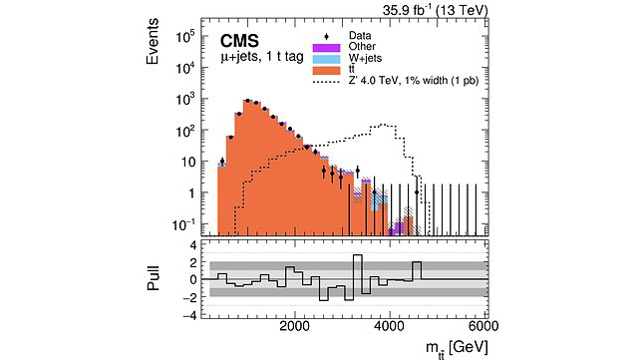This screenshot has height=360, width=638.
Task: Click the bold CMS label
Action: click(x=239, y=43)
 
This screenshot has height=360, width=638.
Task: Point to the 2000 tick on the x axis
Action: click(x=294, y=326)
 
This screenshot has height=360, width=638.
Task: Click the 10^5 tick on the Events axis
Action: click(x=186, y=36)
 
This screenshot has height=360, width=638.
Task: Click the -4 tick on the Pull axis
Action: click(x=189, y=315)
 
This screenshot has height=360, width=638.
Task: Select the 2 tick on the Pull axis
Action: click(x=191, y=261)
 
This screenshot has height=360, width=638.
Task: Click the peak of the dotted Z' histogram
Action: click(x=382, y=126)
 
